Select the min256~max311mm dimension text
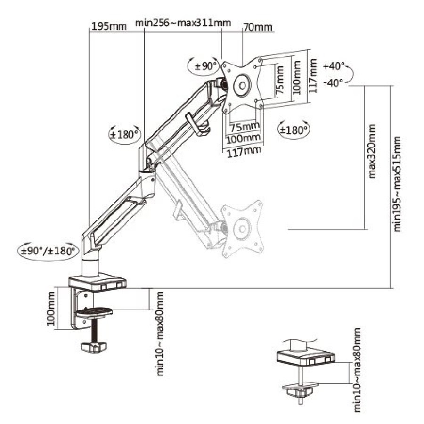click(x=183, y=23)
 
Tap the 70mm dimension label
click(x=258, y=26)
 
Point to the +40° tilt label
click(x=334, y=66)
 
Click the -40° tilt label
click(x=334, y=83)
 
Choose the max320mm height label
click(x=373, y=151)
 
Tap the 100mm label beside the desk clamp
click(x=52, y=309)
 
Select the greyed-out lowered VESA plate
click(x=243, y=229)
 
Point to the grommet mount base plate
click(x=305, y=357)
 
